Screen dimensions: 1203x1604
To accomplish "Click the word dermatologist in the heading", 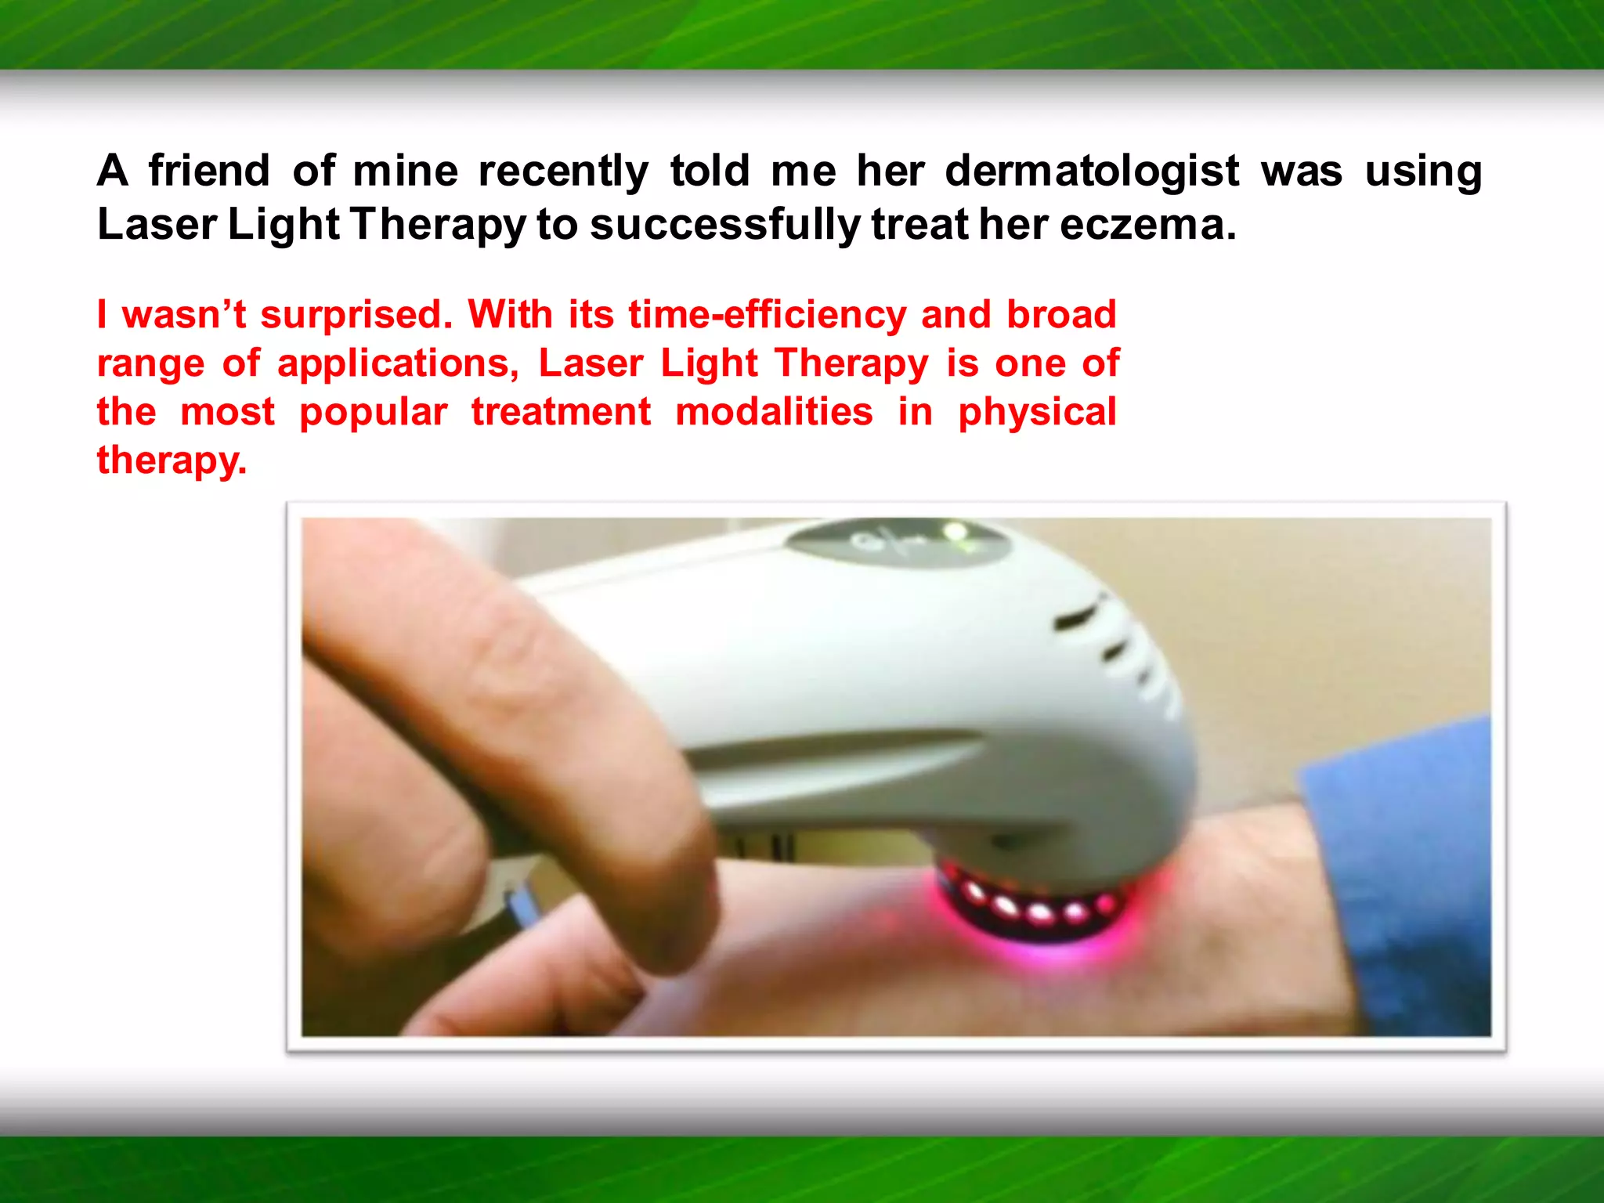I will tap(1092, 171).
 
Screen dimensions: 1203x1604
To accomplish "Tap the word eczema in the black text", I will tap(1148, 225).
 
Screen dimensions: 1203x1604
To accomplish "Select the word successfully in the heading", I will tap(724, 225).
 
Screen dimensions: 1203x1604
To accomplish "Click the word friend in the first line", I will tap(209, 171).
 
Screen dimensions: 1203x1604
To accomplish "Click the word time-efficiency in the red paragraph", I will tap(767, 315).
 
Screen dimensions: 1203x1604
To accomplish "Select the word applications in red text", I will tap(398, 364).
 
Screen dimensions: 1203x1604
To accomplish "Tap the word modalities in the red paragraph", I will tap(774, 412).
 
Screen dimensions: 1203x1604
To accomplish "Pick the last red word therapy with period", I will tap(172, 461).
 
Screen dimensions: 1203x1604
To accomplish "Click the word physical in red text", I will tap(1037, 413).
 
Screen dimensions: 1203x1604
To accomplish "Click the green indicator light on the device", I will tap(955, 533).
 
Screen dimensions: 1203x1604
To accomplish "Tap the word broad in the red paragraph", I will tap(1060, 315).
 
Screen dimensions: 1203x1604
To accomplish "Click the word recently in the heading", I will tap(563, 171).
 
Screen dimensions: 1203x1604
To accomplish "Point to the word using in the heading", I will tap(1423, 171).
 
